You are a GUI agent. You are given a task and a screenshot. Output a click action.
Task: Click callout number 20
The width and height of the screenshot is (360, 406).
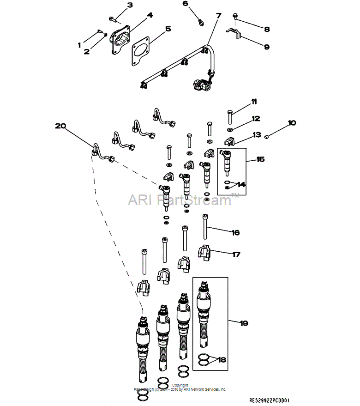tap(60, 126)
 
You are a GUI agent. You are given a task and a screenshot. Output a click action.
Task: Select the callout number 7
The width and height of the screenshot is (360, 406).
tap(218, 15)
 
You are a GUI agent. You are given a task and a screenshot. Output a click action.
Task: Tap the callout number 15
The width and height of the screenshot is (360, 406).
tap(260, 159)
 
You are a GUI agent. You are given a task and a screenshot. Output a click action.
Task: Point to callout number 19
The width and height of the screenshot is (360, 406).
tap(243, 323)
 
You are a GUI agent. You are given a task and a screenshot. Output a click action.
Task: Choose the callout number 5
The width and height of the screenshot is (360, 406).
tap(168, 29)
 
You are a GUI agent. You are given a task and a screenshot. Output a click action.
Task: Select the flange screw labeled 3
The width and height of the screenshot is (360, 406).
tap(114, 18)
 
